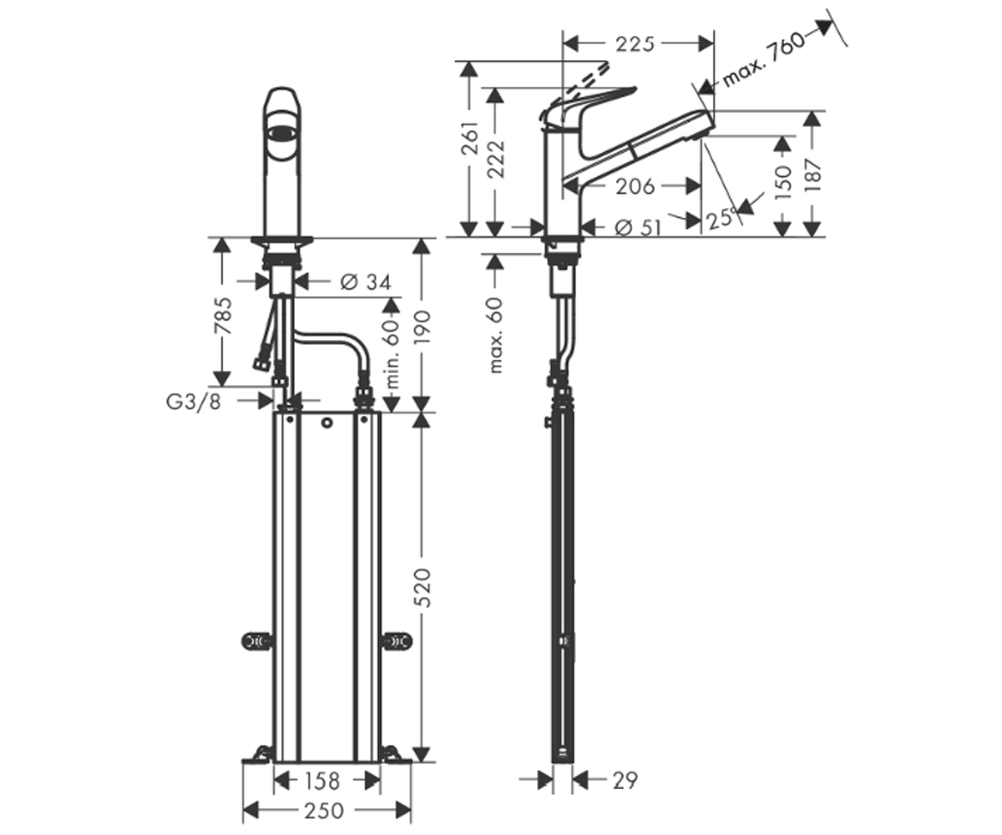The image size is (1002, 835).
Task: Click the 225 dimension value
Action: pos(635,44)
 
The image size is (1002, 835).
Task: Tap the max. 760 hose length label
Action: pos(763,60)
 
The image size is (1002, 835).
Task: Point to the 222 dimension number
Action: pos(496,159)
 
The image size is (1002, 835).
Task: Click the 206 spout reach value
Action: pos(635,186)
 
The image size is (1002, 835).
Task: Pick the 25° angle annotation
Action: pos(721,218)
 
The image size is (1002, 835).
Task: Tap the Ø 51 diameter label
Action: pos(638,228)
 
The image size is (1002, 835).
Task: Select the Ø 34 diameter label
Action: pos(366,281)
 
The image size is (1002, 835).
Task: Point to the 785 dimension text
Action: pos(224,316)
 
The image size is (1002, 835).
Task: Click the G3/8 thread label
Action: pos(194,402)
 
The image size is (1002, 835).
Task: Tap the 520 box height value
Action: pos(423,588)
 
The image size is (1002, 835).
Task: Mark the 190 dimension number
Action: pos(423,328)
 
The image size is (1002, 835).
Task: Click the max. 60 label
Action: pos(496,335)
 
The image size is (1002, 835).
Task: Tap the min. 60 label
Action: pos(392,354)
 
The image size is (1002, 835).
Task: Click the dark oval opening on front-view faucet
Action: pos(284,133)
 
